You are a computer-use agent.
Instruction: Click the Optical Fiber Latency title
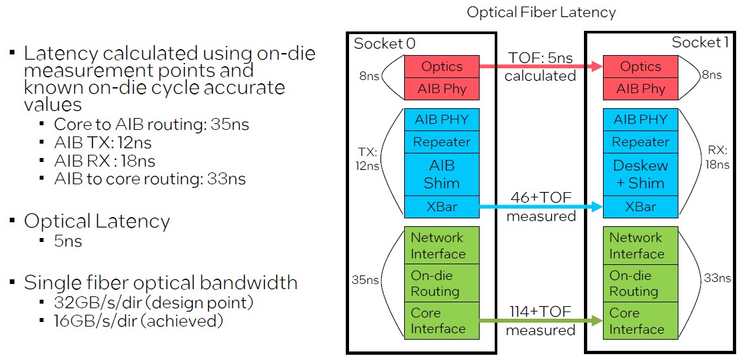point(541,12)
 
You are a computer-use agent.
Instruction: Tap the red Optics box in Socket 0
point(442,67)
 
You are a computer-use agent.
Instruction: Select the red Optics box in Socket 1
point(640,67)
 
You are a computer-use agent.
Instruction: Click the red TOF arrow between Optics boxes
point(541,67)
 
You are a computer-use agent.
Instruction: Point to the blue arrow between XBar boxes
point(541,207)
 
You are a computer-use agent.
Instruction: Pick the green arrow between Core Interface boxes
point(541,321)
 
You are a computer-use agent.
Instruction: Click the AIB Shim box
point(442,174)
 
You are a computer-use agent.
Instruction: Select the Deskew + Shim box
point(640,174)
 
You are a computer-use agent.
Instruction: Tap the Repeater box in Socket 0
point(442,142)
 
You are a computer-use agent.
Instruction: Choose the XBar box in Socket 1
point(640,207)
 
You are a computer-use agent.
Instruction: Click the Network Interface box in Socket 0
point(442,245)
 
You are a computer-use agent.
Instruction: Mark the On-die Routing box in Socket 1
point(640,283)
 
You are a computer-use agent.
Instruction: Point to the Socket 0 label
point(384,43)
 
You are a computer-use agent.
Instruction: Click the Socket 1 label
point(700,43)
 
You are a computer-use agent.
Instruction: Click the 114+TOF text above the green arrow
point(541,312)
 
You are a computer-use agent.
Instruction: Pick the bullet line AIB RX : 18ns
point(105,161)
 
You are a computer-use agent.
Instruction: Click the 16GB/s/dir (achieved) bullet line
point(138,321)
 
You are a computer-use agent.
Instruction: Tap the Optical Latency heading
point(96,222)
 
